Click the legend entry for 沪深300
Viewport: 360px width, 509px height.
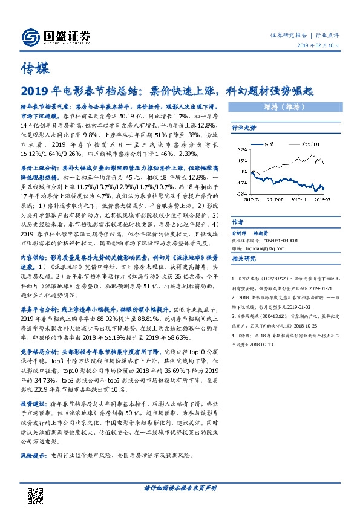pos(307,144)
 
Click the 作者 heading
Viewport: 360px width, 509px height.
pos(237,222)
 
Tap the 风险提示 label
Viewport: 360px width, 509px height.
pos(32,470)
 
